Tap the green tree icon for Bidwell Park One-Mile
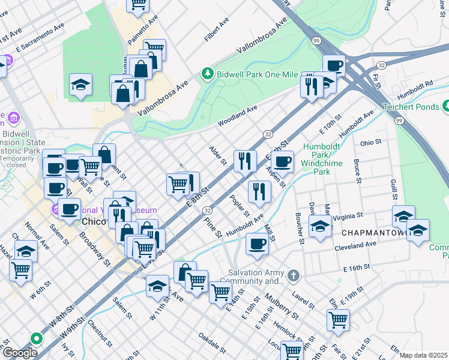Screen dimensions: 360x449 click(208, 73)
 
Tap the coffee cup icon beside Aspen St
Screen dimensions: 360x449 click(283, 161)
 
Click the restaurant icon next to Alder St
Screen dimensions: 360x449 click(245, 160)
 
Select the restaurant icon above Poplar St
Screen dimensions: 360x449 click(259, 191)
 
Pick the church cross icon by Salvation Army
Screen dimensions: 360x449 click(293, 275)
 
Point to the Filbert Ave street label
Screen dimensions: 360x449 click(217, 29)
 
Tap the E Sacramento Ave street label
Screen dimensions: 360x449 click(41, 37)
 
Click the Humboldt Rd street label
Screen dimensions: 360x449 click(414, 87)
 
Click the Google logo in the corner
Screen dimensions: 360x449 click(20, 353)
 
